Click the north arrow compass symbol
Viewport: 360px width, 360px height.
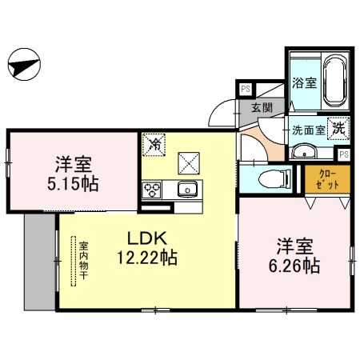click(25, 65)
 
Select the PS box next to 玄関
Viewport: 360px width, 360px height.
click(245, 89)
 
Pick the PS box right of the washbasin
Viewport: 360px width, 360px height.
click(344, 154)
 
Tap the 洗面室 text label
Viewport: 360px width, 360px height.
click(307, 129)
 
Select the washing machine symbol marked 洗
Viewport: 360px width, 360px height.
click(339, 127)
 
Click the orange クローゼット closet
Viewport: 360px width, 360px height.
click(327, 179)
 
